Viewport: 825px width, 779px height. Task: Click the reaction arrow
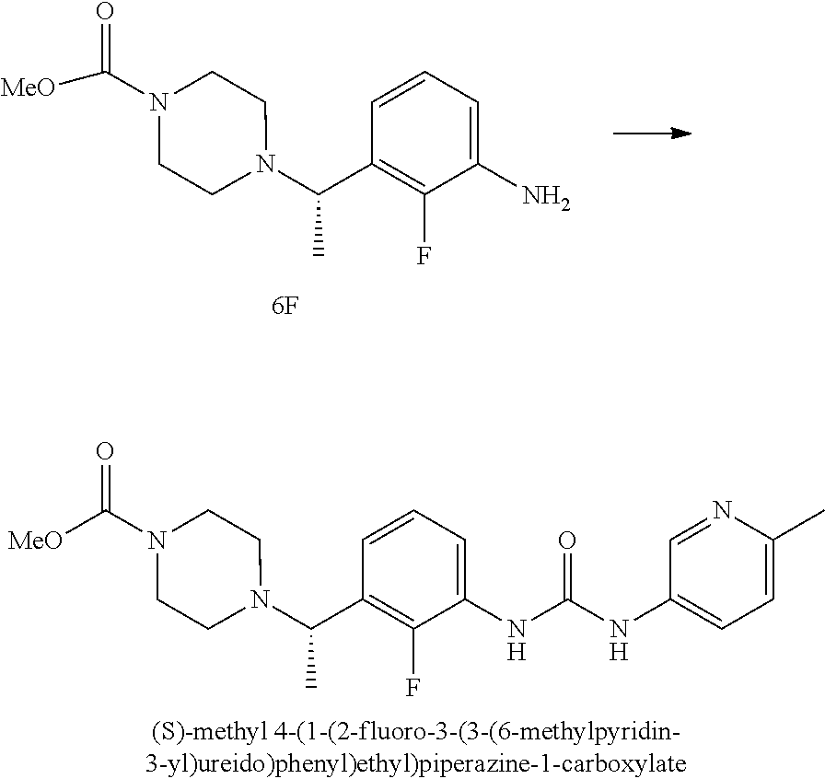[652, 134]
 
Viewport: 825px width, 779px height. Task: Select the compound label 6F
[285, 307]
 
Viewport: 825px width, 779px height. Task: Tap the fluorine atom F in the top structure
[424, 256]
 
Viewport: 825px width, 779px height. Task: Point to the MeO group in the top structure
[28, 87]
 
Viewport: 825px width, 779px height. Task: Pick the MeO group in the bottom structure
[34, 541]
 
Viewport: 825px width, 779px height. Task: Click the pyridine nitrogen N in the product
[723, 509]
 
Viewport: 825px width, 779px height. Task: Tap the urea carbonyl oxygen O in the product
[567, 541]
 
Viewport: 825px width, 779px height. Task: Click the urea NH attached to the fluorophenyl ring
[517, 639]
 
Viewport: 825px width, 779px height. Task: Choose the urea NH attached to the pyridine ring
[619, 639]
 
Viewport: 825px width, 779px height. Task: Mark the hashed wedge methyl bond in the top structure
[319, 226]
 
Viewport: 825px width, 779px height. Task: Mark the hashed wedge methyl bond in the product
[311, 657]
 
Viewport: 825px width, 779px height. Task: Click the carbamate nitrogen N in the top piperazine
[158, 102]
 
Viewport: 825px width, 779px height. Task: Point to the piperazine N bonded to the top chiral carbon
[268, 164]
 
